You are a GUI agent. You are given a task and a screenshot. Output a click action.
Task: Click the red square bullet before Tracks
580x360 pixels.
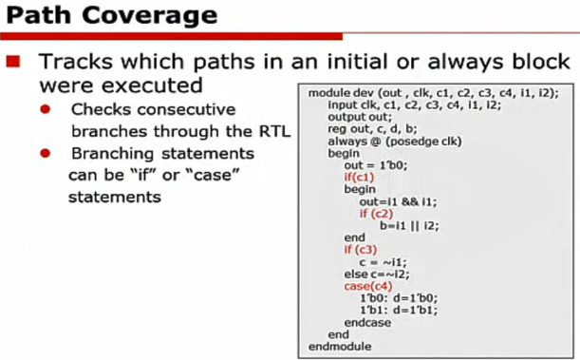coord(15,62)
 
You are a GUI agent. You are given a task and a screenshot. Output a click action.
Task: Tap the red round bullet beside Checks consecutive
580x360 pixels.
coord(46,110)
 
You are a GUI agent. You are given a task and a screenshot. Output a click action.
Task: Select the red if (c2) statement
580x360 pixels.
coord(375,215)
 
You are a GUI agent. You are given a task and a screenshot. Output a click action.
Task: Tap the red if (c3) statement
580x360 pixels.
coord(357,250)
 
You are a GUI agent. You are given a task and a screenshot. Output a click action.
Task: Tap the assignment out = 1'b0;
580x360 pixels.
coord(375,165)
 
